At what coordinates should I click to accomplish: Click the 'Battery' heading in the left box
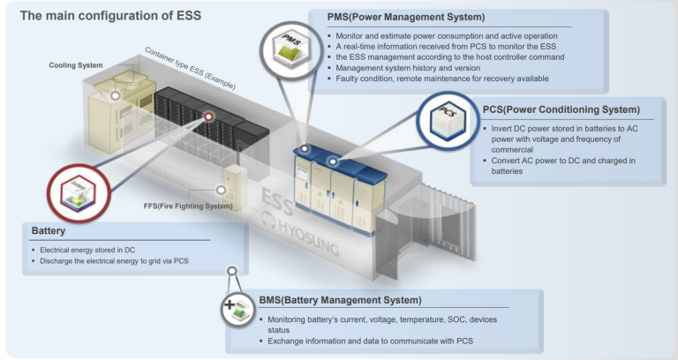point(49,230)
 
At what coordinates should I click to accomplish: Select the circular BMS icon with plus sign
point(235,310)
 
